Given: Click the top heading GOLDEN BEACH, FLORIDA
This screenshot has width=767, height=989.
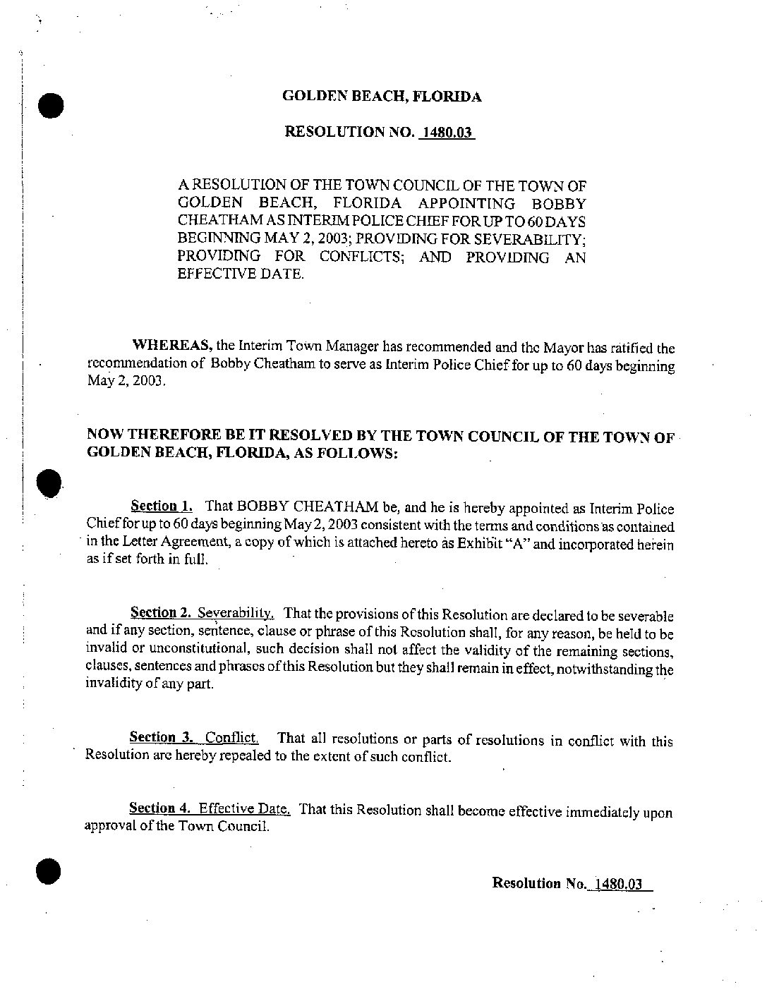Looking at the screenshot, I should click(382, 97).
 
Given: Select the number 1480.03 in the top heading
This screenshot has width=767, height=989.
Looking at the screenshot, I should click(446, 132).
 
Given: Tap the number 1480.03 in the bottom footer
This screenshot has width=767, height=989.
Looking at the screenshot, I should click(619, 883).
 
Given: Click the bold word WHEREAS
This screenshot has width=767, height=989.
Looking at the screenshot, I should click(174, 346).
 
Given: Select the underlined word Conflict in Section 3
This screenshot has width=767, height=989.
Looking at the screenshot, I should click(231, 738).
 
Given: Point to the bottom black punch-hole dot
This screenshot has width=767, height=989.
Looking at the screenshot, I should click(50, 871).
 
